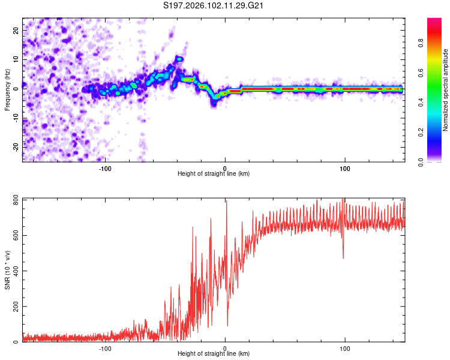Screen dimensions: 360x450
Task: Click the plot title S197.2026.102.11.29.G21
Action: tap(214, 6)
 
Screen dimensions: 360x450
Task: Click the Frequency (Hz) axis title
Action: tap(7, 90)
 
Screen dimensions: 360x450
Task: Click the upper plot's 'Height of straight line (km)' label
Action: tap(214, 174)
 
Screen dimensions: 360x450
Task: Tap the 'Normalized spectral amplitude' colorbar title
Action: tap(446, 90)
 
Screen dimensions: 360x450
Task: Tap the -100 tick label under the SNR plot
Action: tap(106, 348)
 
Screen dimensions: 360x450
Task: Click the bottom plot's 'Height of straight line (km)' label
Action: tap(214, 355)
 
